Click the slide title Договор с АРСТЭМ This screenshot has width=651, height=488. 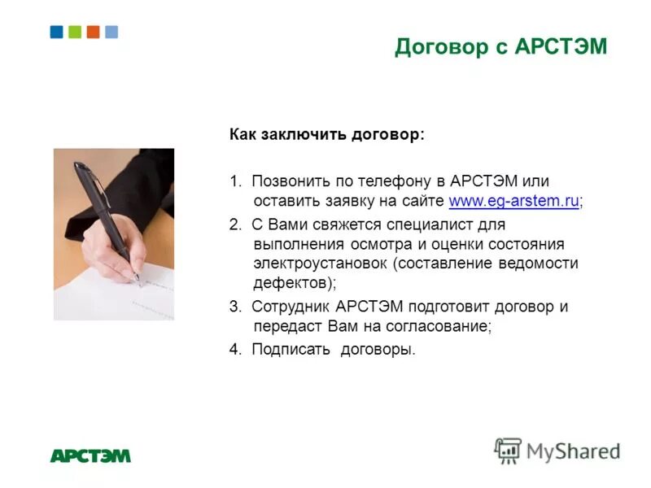tap(501, 47)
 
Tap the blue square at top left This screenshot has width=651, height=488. tap(56, 32)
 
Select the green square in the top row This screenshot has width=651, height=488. tap(75, 32)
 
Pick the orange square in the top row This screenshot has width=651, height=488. tap(93, 32)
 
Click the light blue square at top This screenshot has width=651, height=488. tap(111, 32)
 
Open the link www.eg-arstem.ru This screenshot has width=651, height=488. tap(513, 201)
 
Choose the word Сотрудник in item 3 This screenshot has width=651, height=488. tap(291, 307)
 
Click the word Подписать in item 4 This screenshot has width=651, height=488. tap(290, 351)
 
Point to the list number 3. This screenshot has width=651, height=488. tap(234, 307)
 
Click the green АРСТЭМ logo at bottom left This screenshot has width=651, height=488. tap(90, 455)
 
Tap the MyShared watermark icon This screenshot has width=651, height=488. tap(508, 450)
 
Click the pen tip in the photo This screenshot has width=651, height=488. tap(138, 281)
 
